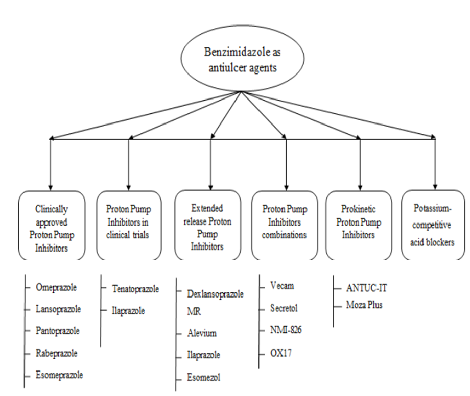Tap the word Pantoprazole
(x=58, y=331)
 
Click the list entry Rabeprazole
(x=57, y=353)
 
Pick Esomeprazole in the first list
(x=59, y=375)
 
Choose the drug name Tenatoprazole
(x=135, y=289)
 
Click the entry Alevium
(x=202, y=333)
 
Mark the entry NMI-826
(x=286, y=330)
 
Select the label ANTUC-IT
(x=367, y=288)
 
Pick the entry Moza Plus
(x=364, y=305)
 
